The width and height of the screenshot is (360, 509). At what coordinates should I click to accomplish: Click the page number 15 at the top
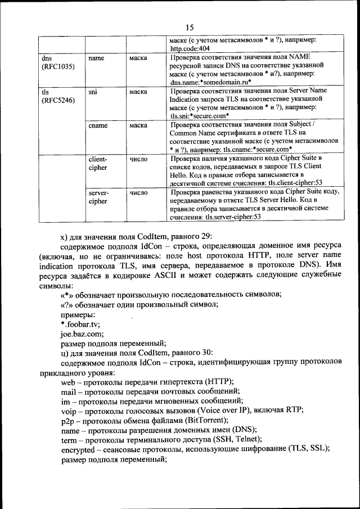click(x=189, y=27)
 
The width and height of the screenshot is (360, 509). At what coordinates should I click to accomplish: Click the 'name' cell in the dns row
click(x=97, y=58)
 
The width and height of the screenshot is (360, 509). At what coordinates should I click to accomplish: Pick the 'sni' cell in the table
click(x=93, y=90)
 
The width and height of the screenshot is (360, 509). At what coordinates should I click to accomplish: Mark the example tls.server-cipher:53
click(x=233, y=215)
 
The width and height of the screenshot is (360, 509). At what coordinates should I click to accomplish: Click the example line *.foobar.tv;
click(x=80, y=325)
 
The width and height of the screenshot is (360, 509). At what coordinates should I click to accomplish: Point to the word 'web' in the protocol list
click(x=67, y=381)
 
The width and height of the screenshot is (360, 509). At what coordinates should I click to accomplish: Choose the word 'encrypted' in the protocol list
click(x=78, y=448)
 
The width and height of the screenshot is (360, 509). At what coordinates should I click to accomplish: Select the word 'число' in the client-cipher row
click(x=138, y=159)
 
